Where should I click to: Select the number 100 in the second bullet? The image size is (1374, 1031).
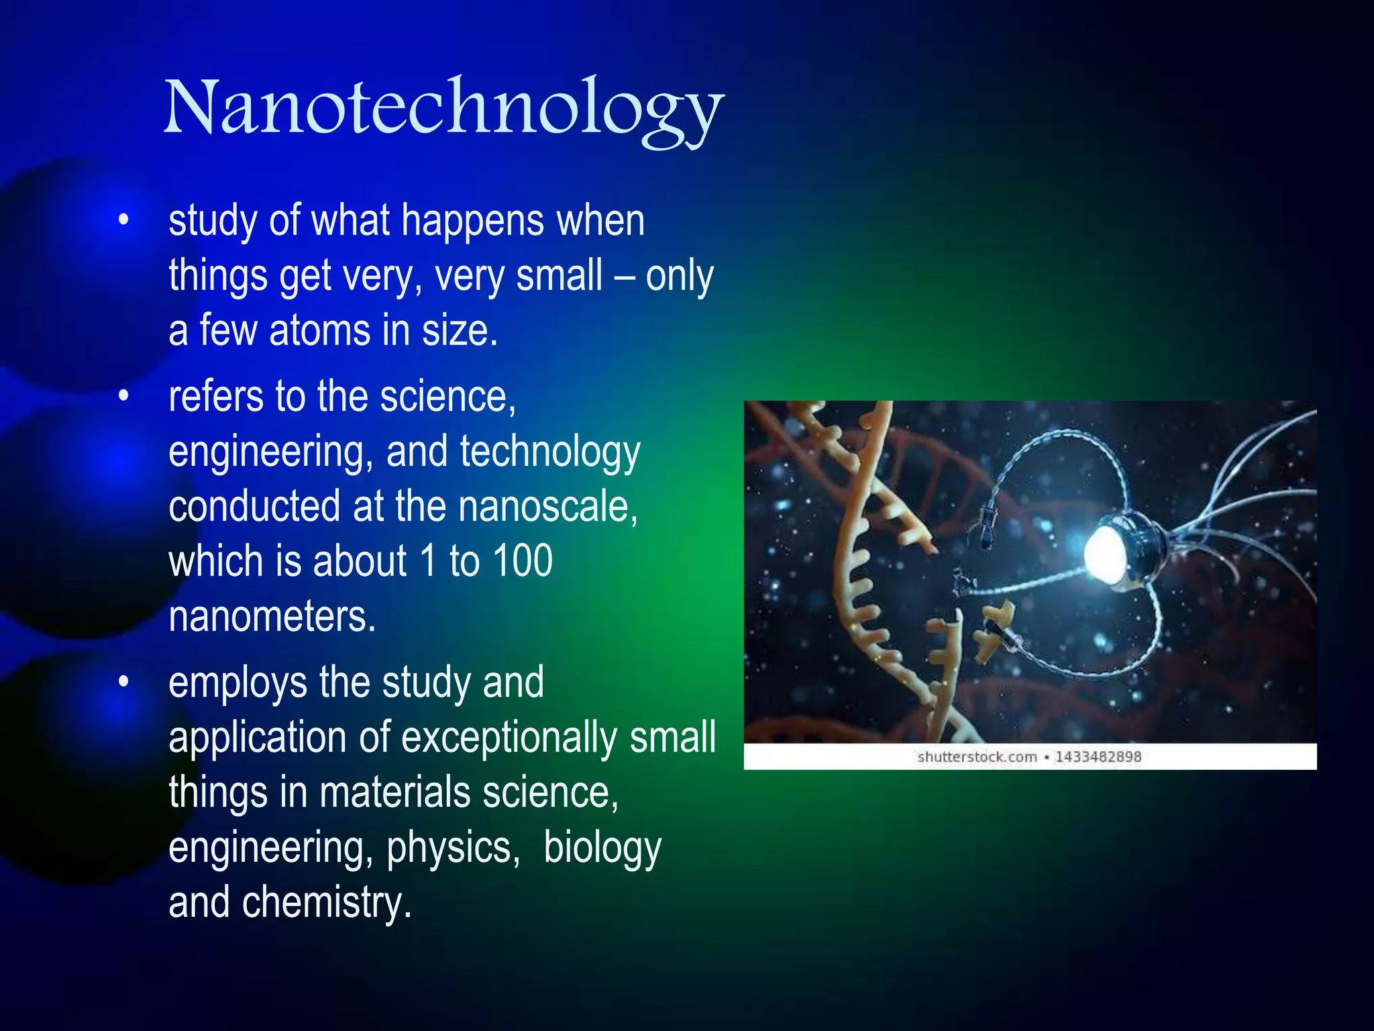point(522,561)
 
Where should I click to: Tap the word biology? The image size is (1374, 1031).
point(602,848)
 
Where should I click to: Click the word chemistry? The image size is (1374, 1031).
point(326,903)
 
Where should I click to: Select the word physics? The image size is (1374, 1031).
point(453,848)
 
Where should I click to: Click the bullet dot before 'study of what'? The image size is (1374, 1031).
point(123,220)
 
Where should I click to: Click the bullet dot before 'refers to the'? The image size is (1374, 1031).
point(123,397)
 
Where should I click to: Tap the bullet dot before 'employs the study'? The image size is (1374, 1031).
point(123,682)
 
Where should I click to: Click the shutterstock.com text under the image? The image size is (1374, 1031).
point(977,757)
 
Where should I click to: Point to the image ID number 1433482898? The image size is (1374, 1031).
point(1098,757)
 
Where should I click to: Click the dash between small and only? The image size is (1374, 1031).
point(624,277)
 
